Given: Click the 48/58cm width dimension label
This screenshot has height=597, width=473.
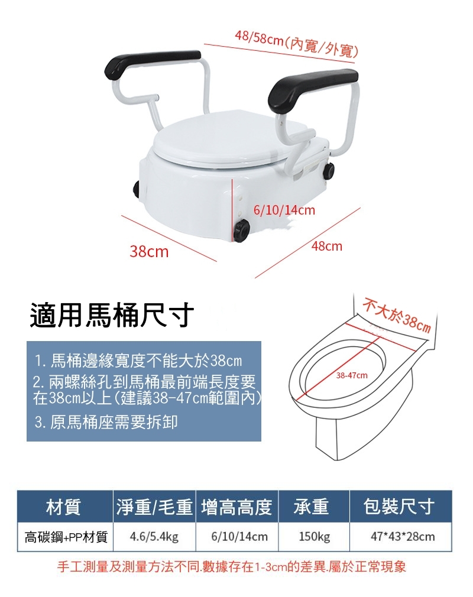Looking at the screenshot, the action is coord(296,44).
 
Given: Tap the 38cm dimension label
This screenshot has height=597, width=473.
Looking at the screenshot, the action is coord(149,251).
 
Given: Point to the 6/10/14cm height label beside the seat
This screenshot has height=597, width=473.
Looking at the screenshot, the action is coord(284,210).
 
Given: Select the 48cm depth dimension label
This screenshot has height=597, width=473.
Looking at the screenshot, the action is coord(327,246).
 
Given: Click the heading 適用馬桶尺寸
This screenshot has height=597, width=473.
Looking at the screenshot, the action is coord(112,314).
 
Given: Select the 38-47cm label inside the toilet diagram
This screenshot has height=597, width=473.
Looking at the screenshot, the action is coord(352,375).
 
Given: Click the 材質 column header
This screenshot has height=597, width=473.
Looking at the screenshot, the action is coord(63,507).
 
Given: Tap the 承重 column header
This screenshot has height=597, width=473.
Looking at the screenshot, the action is coord(311,507).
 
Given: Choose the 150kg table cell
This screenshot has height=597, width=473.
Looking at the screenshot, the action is coord(314,537).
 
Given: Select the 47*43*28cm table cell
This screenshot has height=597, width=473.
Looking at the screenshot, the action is coord(403,537).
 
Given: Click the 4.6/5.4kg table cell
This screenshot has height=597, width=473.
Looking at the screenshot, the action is coord(154,537).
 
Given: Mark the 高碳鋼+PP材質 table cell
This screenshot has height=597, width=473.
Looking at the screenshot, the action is coord(66,537).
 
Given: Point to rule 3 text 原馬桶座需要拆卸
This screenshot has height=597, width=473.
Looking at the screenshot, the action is coord(106,422).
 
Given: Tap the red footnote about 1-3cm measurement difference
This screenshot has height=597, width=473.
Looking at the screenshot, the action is coord(231,566).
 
